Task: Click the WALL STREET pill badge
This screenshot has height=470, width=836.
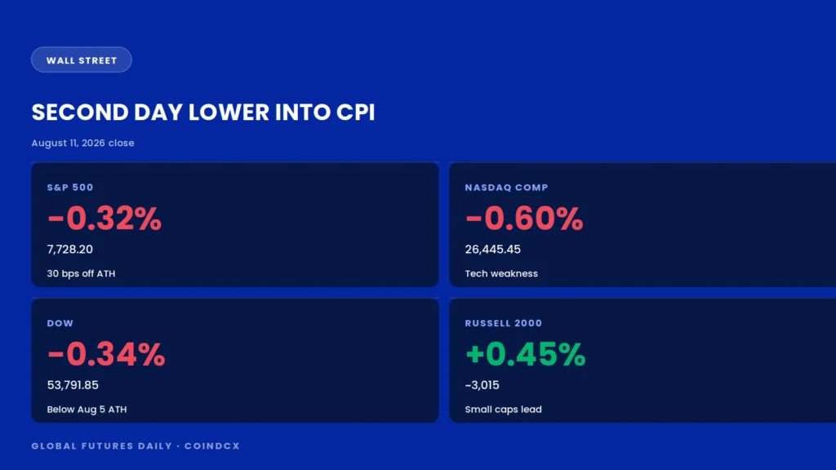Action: pos(82,60)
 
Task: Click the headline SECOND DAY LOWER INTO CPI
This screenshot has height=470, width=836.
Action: pos(203,113)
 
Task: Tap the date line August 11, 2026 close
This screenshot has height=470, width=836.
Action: pos(82,143)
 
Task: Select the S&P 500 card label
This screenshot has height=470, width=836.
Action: pos(70,188)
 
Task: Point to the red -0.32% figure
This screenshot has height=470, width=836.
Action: pos(104,219)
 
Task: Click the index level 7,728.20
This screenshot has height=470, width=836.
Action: pos(70,250)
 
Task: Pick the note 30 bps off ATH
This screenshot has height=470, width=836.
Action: pos(81,273)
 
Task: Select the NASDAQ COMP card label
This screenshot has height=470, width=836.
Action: pos(506,188)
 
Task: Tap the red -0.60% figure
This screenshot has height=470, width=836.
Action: pos(524,219)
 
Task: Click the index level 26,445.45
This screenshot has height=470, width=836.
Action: pos(492,250)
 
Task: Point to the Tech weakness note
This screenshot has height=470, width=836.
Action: pos(501,273)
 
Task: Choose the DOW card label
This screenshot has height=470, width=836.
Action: pos(60,323)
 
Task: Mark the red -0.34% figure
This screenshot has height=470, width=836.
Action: pos(106,354)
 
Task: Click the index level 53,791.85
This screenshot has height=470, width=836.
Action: pos(73,385)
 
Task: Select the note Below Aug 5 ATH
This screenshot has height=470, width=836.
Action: pos(87,410)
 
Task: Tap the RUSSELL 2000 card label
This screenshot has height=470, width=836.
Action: pos(503,323)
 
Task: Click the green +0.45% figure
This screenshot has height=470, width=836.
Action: pos(526,354)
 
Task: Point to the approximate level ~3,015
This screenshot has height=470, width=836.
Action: pos(482,385)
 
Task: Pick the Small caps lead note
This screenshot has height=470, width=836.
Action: pos(503,410)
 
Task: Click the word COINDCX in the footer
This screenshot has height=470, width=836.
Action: pos(212,446)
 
